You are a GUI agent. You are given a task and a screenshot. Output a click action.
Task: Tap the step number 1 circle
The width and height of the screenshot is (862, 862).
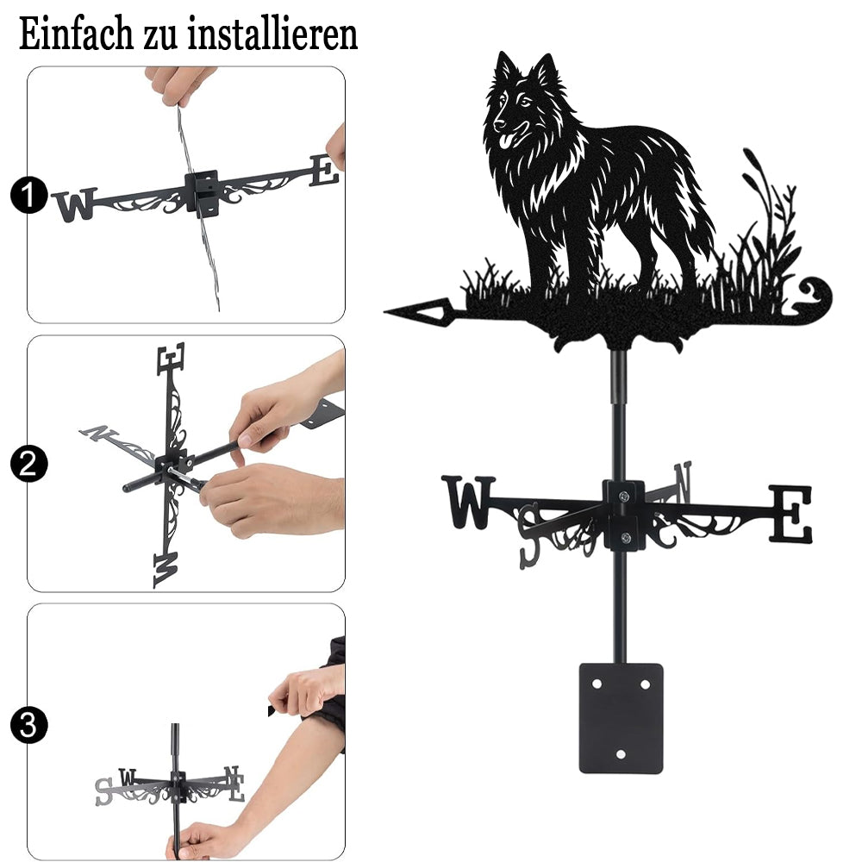(28, 195)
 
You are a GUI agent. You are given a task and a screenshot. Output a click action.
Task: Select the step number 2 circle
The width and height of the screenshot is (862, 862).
(28, 464)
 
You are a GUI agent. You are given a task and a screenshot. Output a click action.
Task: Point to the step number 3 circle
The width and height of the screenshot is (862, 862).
(28, 725)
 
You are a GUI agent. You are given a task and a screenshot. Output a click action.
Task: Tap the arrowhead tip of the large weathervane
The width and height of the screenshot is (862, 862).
(384, 312)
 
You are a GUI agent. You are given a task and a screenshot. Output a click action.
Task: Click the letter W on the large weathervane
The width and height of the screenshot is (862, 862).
(469, 502)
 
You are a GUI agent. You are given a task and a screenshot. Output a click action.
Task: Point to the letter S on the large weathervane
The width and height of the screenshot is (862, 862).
(530, 535)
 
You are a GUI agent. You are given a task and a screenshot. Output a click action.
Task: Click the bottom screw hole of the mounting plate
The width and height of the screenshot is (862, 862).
(621, 754)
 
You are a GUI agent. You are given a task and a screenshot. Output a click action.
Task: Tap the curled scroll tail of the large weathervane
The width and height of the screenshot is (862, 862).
(817, 297)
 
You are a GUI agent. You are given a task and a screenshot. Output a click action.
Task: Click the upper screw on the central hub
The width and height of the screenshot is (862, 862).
(623, 497)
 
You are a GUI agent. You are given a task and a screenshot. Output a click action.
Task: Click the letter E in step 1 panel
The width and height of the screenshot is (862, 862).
(324, 171)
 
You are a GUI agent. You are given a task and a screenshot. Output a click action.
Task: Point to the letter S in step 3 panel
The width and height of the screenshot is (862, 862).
(103, 791)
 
